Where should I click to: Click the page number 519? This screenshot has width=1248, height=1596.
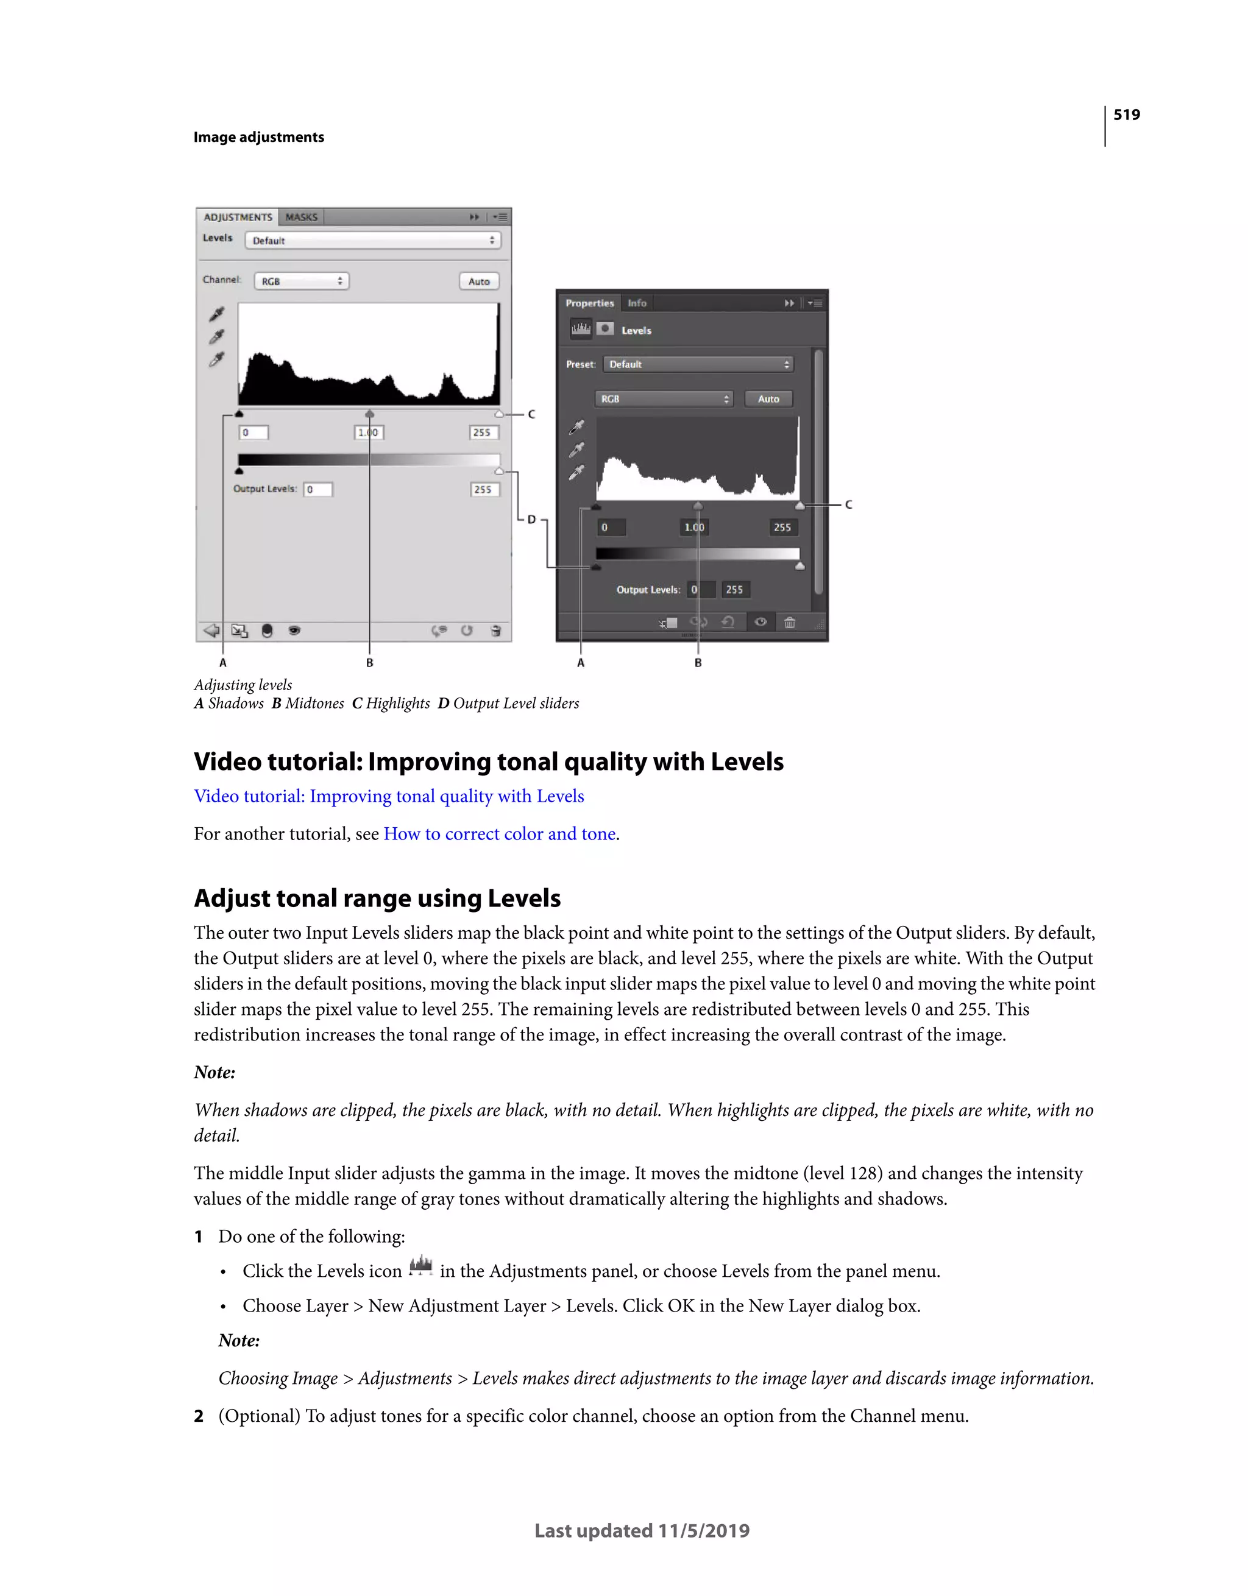(x=1126, y=115)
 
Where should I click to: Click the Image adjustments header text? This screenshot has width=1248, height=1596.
(x=258, y=138)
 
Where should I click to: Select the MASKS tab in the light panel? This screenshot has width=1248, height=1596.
(x=301, y=217)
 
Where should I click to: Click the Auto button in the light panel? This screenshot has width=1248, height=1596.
(x=479, y=281)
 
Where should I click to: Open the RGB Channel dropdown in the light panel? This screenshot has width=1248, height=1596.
(x=301, y=281)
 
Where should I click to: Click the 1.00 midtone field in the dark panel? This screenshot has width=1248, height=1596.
(x=694, y=527)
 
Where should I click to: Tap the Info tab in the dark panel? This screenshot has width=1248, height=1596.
(x=637, y=303)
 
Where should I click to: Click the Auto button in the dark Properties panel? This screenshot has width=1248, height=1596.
(x=768, y=399)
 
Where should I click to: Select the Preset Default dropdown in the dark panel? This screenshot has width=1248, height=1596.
(x=698, y=364)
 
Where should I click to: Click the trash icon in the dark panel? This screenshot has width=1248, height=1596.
(x=790, y=623)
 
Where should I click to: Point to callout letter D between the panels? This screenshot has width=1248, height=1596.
(x=531, y=520)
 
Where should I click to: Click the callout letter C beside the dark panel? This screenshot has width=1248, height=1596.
(x=848, y=505)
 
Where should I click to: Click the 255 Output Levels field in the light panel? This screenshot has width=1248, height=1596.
(x=483, y=490)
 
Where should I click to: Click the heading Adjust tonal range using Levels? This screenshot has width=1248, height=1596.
(x=377, y=898)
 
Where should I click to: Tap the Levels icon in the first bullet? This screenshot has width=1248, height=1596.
(x=420, y=1266)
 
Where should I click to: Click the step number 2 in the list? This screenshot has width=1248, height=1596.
(x=199, y=1416)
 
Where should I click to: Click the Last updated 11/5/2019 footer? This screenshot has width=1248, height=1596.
(x=641, y=1531)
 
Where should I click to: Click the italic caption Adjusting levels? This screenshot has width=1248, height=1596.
(x=243, y=685)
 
